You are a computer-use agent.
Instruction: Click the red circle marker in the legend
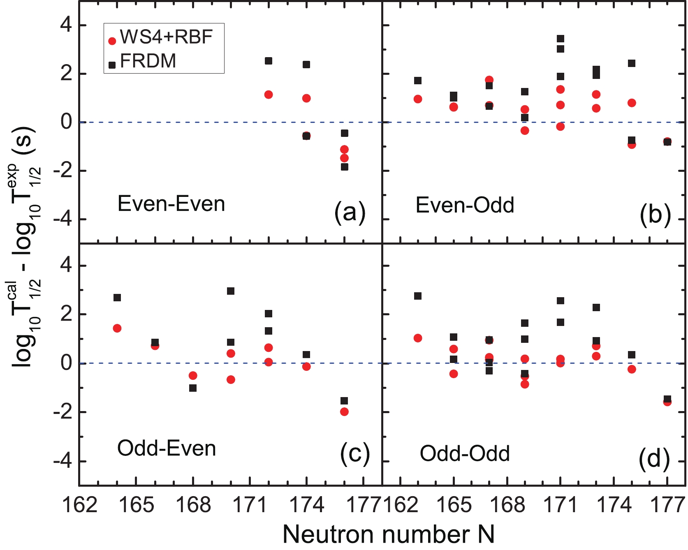(112, 41)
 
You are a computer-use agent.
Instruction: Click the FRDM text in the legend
(148, 61)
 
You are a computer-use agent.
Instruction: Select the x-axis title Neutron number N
(388, 534)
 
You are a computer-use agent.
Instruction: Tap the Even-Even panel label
(171, 204)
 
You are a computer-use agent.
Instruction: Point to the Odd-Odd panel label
(465, 454)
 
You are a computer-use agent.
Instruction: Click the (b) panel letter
(655, 213)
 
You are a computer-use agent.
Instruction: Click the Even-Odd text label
(465, 205)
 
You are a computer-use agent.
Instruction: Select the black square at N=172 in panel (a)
(269, 61)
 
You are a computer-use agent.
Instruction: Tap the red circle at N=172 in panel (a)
(269, 95)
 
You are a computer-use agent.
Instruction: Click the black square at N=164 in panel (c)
(117, 298)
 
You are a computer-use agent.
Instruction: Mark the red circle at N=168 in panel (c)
(193, 375)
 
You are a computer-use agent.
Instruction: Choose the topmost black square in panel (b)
(560, 39)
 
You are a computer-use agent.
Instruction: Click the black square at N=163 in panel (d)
(418, 296)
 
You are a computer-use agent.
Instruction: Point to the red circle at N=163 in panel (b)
(418, 99)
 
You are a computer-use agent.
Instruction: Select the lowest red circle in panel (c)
(344, 411)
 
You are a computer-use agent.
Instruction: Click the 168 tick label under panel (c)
(193, 505)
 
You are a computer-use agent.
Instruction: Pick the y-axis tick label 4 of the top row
(66, 25)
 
